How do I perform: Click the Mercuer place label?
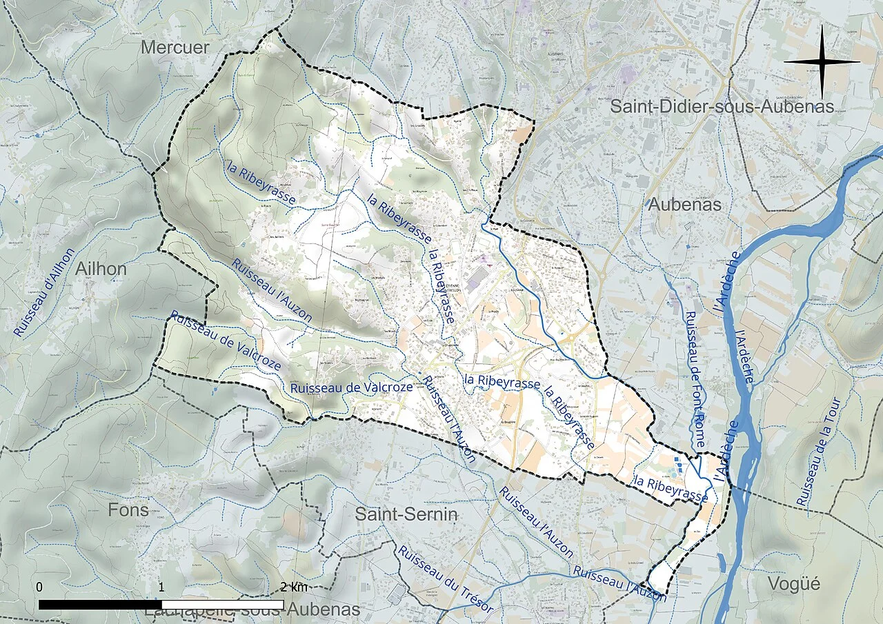pos(175,47)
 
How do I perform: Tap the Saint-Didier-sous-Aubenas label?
pos(722,106)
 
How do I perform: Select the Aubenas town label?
pos(684,204)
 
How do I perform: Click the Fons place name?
pos(128,510)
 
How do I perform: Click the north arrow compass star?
pos(822,62)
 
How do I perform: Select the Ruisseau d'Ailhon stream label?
pos(43,292)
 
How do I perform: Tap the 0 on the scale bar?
pos(39,587)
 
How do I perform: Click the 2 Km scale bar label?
pos(295,587)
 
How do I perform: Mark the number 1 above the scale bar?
pos(161,587)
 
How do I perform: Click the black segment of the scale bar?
pos(100,605)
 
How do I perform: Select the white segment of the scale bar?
pos(222,605)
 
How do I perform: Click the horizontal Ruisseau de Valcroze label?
pos(351,388)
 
